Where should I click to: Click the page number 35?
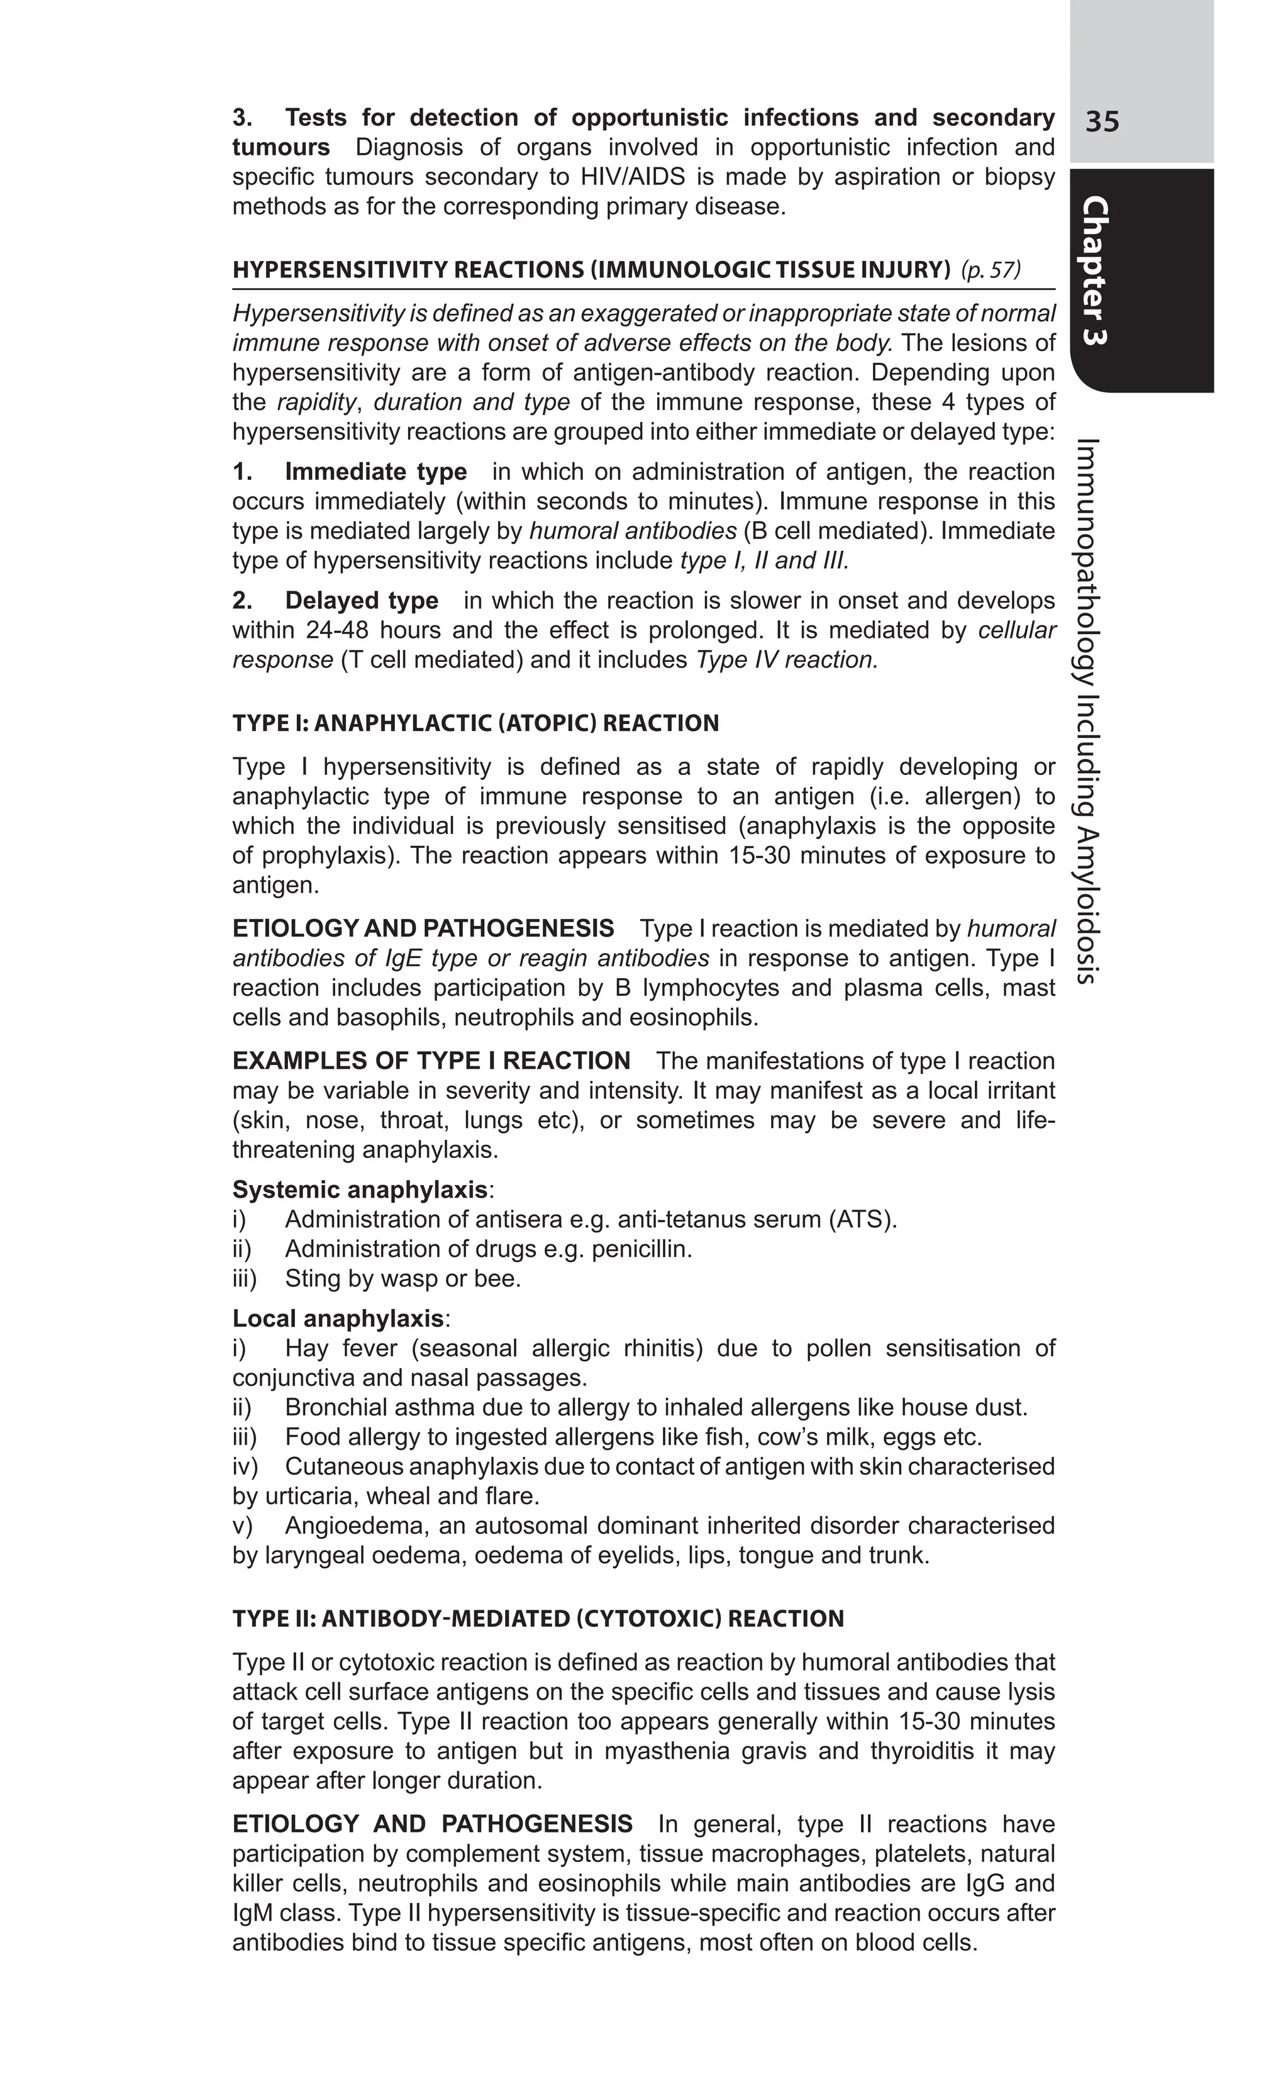pyautogui.click(x=1102, y=122)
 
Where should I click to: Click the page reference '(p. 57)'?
pyautogui.click(x=990, y=270)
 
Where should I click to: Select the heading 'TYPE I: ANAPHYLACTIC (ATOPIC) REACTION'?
pyautogui.click(x=475, y=723)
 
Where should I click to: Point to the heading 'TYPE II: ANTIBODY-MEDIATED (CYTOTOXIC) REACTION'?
pyautogui.click(x=538, y=1619)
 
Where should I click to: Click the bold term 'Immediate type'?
pyautogui.click(x=375, y=472)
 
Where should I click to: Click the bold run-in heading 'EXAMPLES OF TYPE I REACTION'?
pyautogui.click(x=431, y=1061)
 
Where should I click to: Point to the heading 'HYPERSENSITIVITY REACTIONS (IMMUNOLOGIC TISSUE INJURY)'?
pyautogui.click(x=591, y=270)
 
